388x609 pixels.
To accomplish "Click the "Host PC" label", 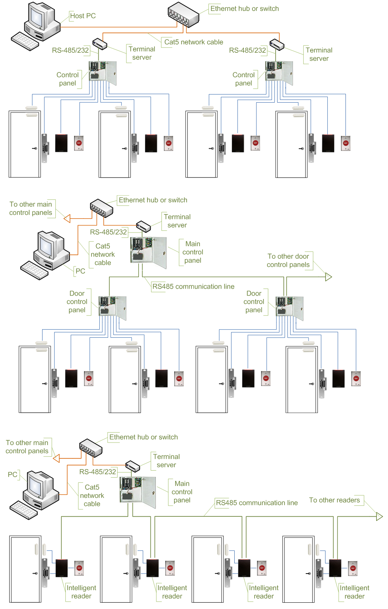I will click(83, 16).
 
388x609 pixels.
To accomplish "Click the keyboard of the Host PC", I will click(25, 41).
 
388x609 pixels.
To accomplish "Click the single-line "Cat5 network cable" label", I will click(194, 42).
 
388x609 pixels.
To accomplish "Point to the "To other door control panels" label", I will click(288, 261).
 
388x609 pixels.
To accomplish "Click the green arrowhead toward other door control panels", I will click(328, 277).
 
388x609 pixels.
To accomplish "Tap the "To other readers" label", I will click(334, 500).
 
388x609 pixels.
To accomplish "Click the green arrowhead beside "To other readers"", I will click(379, 516).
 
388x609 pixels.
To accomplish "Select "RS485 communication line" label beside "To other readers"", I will click(257, 503).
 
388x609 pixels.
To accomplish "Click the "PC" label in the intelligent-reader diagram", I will click(13, 474).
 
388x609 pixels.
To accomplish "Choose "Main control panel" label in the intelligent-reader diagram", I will click(182, 492).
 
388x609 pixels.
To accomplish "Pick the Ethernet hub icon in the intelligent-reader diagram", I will click(91, 447).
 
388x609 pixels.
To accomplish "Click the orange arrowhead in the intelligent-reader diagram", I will click(57, 458).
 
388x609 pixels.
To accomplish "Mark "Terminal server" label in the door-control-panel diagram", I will click(177, 221).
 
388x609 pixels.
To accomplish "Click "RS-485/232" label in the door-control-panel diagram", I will click(108, 232).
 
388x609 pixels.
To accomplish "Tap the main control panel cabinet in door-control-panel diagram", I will click(148, 251).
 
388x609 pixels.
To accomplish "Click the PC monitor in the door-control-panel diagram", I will click(47, 245).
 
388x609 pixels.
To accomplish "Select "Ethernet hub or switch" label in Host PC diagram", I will click(245, 8).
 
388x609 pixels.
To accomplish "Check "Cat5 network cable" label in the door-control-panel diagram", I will click(103, 254).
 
